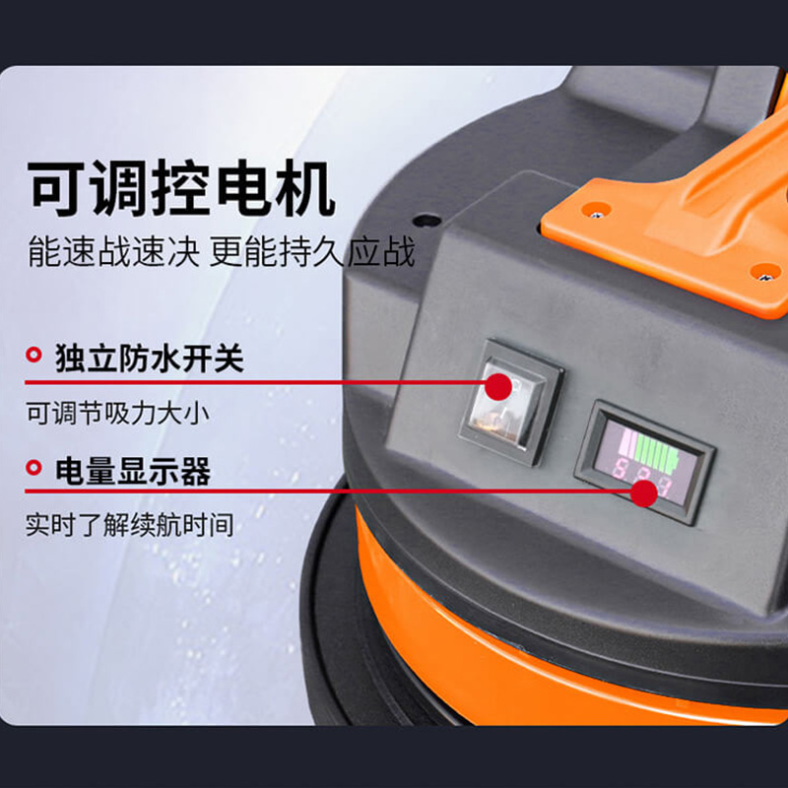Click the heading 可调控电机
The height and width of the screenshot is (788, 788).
click(181, 189)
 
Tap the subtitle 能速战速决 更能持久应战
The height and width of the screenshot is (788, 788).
click(221, 253)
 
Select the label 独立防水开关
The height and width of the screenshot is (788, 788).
click(149, 358)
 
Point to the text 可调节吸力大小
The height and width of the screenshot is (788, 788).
click(117, 413)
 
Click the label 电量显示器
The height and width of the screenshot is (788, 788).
click(133, 471)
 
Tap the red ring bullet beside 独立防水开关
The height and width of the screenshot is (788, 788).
click(34, 355)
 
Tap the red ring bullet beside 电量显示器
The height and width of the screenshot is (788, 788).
click(34, 469)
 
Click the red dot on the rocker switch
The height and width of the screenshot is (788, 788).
click(499, 385)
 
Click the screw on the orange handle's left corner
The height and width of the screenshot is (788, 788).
click(594, 208)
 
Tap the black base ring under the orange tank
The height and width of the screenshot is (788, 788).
click(335, 630)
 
